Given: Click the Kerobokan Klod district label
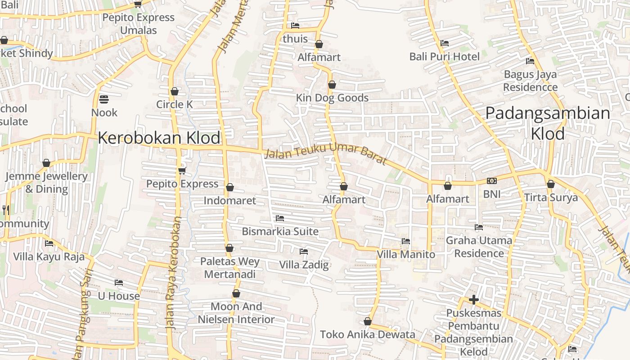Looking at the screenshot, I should (159, 138).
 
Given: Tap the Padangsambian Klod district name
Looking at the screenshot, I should (548, 123).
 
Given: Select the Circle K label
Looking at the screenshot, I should (175, 104).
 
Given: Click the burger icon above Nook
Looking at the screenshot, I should (104, 99).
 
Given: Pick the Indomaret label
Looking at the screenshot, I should (229, 201).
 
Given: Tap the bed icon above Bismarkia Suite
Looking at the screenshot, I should (280, 218).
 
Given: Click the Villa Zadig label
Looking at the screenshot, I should (304, 265).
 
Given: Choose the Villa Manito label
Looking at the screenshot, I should (406, 254).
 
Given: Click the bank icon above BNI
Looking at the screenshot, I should (491, 181).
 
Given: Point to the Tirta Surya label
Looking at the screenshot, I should (551, 198).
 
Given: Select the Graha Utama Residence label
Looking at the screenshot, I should (479, 247).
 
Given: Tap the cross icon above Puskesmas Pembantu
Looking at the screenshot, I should (473, 300).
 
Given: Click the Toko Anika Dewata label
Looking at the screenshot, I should (368, 334).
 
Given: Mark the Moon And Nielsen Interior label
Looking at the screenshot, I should (236, 313).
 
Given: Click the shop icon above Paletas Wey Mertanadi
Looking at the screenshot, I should (229, 248).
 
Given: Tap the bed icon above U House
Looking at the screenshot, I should (119, 283).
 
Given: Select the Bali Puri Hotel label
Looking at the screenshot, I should (445, 57).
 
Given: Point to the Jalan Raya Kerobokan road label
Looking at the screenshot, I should (173, 274).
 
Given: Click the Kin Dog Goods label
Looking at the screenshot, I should (332, 98).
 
